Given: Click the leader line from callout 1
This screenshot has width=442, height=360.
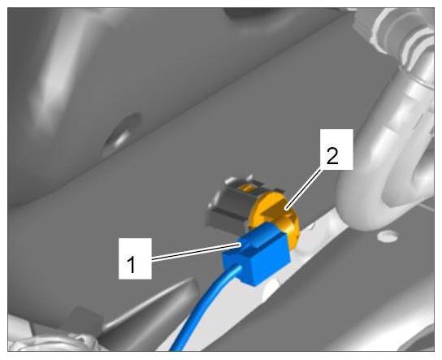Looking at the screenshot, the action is coord(197,252).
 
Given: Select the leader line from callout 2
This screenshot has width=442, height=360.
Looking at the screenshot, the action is coord(304,188).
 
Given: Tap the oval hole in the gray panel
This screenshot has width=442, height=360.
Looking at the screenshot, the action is coord(122,132).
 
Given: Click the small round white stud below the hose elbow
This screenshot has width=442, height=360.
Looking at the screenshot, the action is coord(388,236).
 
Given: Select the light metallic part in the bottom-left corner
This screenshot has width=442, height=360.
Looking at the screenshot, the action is coord(50,341).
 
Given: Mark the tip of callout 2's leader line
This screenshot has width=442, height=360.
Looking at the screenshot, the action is coord(286,210).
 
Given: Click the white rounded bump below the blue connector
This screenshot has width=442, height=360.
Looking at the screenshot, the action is coord(271,290).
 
